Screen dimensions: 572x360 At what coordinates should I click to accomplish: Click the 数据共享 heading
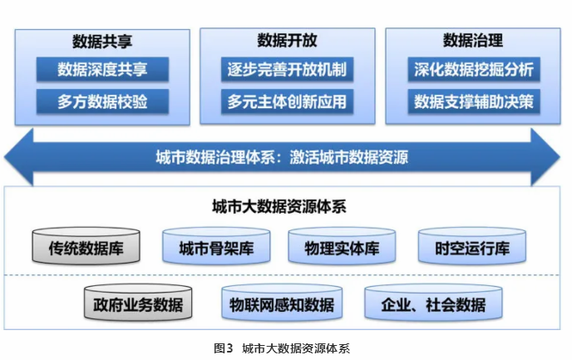102,42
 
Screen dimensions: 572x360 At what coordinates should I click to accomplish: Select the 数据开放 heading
287,40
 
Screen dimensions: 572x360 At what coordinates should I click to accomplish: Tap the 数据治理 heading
473,40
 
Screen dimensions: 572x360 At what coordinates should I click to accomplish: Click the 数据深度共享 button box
102,69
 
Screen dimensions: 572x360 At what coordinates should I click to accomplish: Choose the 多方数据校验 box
102,101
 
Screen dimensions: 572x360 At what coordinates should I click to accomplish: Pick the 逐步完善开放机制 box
287,69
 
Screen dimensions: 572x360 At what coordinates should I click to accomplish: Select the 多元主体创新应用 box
287,101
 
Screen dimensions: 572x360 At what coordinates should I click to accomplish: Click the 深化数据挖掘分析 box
474,69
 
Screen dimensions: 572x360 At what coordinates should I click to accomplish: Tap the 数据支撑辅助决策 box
474,101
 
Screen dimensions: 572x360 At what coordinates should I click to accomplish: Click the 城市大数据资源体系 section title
279,207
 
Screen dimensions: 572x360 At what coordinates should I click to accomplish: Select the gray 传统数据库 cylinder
86,245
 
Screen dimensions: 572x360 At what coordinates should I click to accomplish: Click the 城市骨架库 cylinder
216,245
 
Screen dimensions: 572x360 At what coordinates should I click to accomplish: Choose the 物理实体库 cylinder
342,245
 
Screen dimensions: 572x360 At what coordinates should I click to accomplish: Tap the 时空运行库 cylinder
472,245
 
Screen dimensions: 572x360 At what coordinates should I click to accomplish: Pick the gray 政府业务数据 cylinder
138,303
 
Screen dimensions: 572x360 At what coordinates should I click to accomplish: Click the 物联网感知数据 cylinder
282,303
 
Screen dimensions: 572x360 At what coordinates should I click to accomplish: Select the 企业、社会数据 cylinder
433,303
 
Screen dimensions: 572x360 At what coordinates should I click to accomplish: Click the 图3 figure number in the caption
224,348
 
